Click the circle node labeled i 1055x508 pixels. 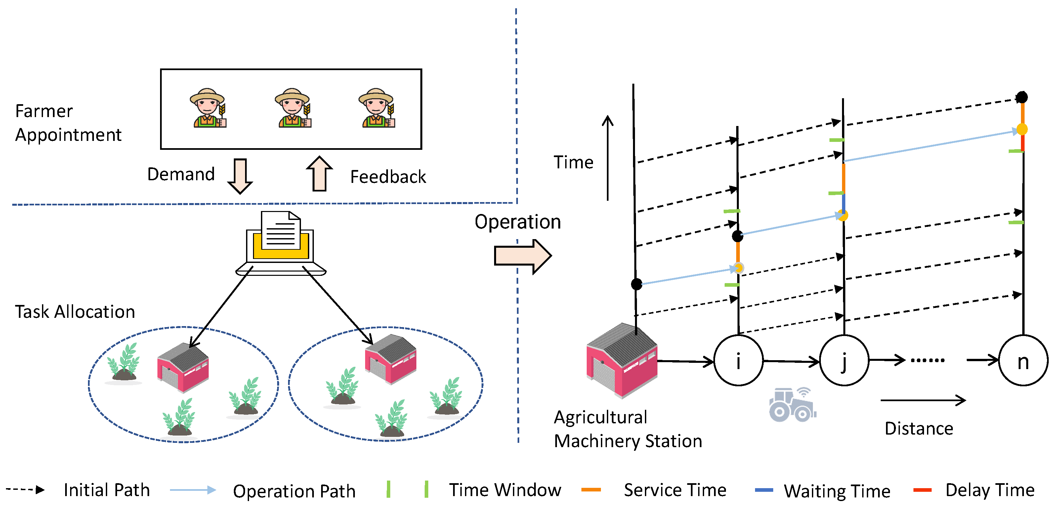(738, 360)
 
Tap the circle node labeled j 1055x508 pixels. (844, 360)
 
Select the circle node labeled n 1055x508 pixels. (1023, 360)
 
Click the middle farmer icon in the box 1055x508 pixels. (292, 108)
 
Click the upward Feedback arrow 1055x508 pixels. (319, 174)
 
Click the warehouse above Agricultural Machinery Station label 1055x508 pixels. (622, 360)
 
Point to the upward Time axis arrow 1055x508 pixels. (608, 158)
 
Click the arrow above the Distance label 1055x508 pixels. (923, 400)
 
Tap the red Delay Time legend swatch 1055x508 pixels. (922, 490)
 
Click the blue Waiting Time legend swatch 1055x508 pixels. (764, 490)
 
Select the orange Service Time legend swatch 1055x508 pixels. (591, 489)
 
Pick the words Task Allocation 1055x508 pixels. (75, 312)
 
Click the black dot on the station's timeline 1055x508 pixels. (636, 284)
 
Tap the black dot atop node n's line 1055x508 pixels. (1022, 98)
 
